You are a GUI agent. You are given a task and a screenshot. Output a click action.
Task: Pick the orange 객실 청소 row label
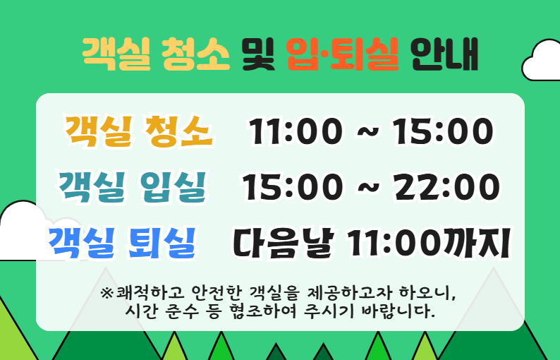pos(138,131)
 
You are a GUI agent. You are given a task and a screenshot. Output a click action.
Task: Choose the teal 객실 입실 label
pos(133,186)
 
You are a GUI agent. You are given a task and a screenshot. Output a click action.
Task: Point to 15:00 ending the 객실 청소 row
pos(442,132)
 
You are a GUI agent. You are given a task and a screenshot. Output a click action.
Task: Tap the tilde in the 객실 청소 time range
pos(369,132)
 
